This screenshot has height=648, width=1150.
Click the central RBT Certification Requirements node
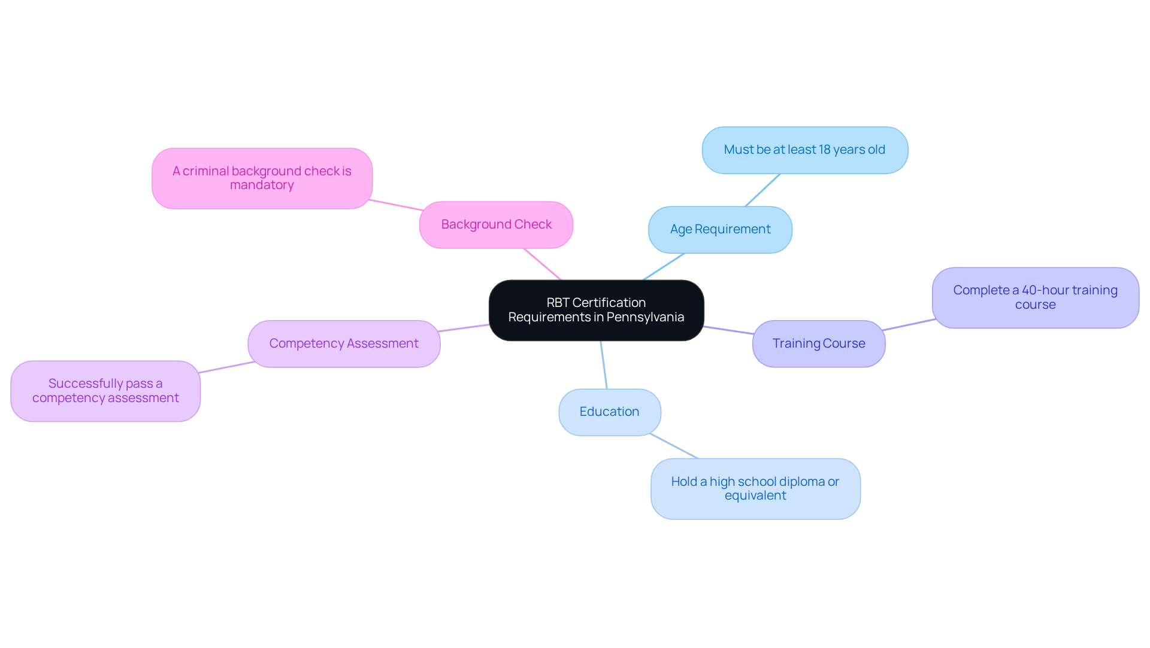[596, 310]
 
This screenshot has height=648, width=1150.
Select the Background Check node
[496, 224]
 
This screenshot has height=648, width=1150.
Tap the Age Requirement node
[720, 229]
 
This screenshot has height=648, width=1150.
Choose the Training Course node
[818, 343]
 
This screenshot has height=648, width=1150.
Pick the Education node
[609, 412]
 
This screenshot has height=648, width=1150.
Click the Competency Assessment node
[344, 343]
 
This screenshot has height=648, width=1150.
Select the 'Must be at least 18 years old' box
[804, 150]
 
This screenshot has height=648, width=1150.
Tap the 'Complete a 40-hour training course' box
[1035, 297]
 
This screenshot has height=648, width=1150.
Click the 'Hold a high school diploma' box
[755, 488]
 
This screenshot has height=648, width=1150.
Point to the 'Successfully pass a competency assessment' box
[105, 391]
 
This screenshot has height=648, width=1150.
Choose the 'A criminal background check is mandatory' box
[262, 178]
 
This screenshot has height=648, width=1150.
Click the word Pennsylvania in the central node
[645, 317]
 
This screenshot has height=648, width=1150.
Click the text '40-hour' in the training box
[1045, 290]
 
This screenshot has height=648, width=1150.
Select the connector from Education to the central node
[604, 364]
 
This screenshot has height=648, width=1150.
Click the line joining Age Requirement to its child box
[762, 190]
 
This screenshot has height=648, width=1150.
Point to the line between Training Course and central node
[728, 330]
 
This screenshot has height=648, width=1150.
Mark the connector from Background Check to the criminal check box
[395, 205]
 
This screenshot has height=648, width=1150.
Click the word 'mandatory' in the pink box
[262, 185]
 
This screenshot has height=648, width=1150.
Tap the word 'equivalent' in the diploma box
[755, 495]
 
